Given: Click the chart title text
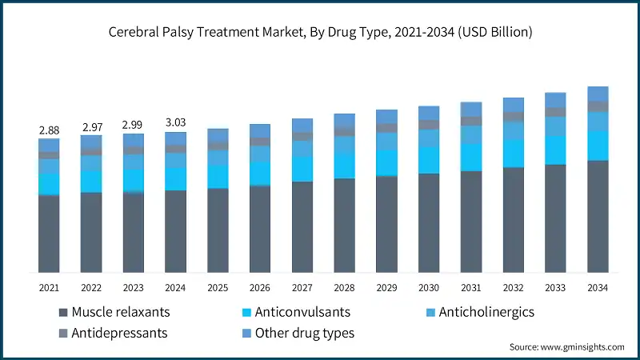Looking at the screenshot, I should tap(320, 33).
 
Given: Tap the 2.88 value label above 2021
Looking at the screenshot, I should tap(49, 130).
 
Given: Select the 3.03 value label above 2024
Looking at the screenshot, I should tap(175, 122).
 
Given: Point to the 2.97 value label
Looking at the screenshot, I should tap(91, 126).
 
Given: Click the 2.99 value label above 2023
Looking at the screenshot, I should tap(134, 125).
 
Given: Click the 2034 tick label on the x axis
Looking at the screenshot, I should tap(598, 287).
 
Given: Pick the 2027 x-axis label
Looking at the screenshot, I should tap(302, 287).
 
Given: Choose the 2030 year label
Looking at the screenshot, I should tap(429, 287).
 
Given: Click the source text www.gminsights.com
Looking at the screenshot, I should tap(566, 347).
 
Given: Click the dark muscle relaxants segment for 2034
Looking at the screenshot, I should tap(598, 216).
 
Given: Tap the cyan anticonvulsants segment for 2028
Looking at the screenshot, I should tap(345, 166).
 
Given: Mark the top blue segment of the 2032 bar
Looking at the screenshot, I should tap(514, 105).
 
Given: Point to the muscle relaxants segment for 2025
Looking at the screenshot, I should tap(218, 230).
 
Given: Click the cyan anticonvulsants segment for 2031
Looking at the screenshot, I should tap(471, 157).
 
